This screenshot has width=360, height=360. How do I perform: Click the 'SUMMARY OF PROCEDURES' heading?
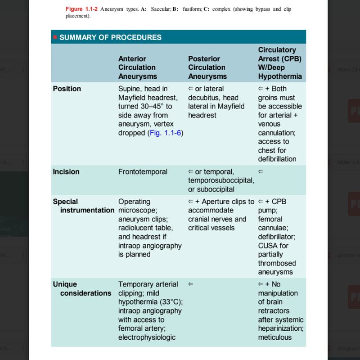pyautogui.click(x=110, y=37)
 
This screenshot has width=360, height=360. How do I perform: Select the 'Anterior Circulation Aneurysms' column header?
pyautogui.click(x=137, y=67)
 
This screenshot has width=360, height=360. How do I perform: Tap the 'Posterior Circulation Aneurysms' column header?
pyautogui.click(x=207, y=67)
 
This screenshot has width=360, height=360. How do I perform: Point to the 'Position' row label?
pyautogui.click(x=67, y=89)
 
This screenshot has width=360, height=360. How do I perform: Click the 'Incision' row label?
pyautogui.click(x=66, y=171)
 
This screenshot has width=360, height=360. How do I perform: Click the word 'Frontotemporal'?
pyautogui.click(x=143, y=171)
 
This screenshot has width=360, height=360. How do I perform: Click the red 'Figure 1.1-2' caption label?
pyautogui.click(x=81, y=9)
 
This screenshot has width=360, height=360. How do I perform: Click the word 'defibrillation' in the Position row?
pyautogui.click(x=277, y=159)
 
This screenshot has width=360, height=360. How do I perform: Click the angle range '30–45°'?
pyautogui.click(x=152, y=106)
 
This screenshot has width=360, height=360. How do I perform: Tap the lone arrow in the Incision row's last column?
pyautogui.click(x=261, y=171)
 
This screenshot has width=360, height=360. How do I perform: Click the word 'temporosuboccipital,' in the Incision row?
pyautogui.click(x=221, y=180)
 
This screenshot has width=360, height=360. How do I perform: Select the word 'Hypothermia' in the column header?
pyautogui.click(x=280, y=76)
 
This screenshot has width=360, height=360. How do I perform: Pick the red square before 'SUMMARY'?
pyautogui.click(x=55, y=37)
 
